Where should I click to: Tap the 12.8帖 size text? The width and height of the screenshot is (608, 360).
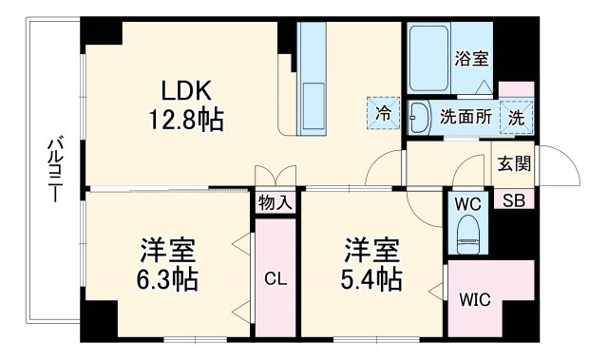184,121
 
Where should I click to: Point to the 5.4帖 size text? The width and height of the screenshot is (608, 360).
371,281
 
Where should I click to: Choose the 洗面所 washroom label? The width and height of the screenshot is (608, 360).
464,119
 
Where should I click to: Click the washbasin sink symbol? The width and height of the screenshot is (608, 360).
418,119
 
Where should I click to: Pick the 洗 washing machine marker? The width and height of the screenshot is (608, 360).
514,119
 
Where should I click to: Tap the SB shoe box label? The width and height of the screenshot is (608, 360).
513,200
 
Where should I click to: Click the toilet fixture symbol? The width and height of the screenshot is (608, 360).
466,235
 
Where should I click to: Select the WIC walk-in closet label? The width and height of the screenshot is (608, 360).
474,301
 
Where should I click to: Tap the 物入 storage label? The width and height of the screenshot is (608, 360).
275,202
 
